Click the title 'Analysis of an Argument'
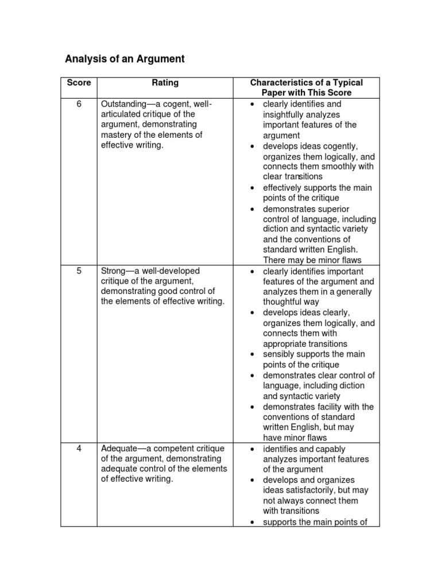click(x=125, y=59)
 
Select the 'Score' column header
click(x=79, y=83)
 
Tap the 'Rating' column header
click(x=165, y=83)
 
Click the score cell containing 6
click(x=79, y=104)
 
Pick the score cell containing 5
click(x=79, y=270)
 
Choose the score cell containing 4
click(x=79, y=448)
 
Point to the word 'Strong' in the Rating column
click(x=113, y=270)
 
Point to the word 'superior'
click(x=331, y=209)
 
